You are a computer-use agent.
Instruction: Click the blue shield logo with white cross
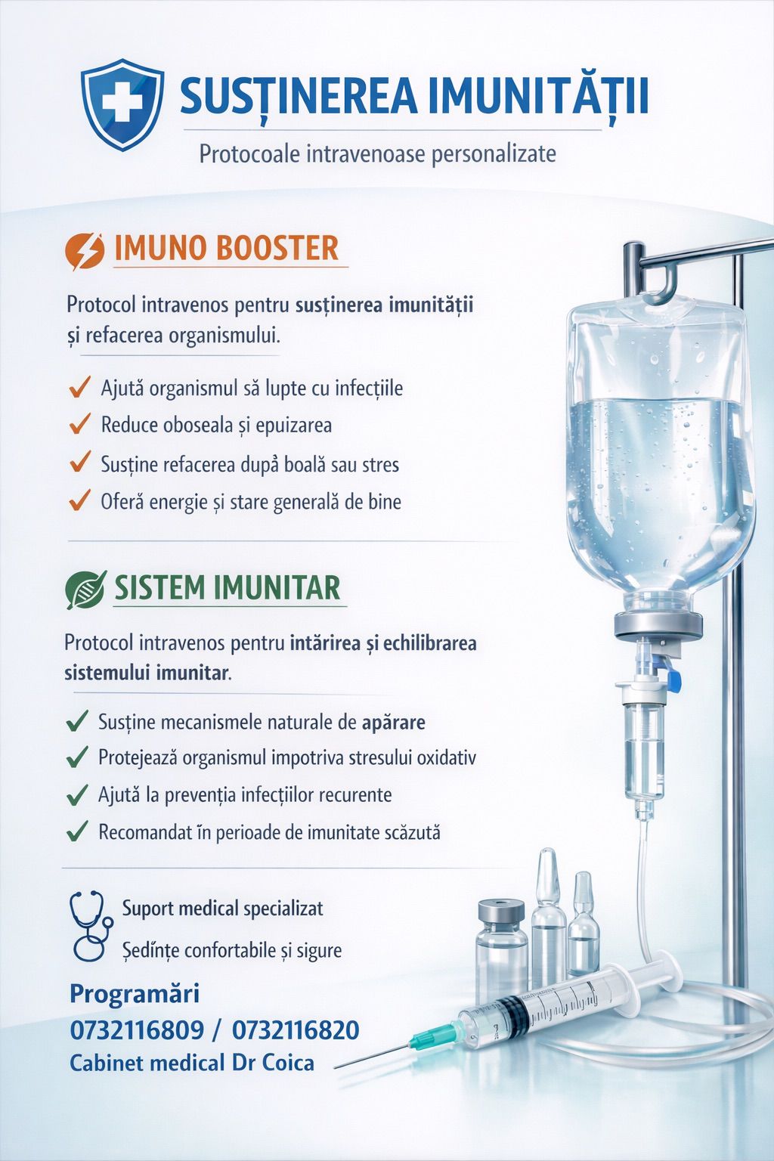point(122,104)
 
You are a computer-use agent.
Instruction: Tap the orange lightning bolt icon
point(85,252)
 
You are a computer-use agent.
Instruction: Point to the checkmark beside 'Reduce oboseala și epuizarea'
point(80,423)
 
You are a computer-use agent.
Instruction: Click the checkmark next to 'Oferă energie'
point(80,500)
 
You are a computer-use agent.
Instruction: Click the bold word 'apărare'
point(394,723)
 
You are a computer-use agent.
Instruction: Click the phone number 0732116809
point(137,1030)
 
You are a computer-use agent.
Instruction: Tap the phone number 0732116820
point(296,1030)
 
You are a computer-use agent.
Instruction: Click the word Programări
point(135,995)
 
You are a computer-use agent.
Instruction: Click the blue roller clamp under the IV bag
point(672,673)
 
